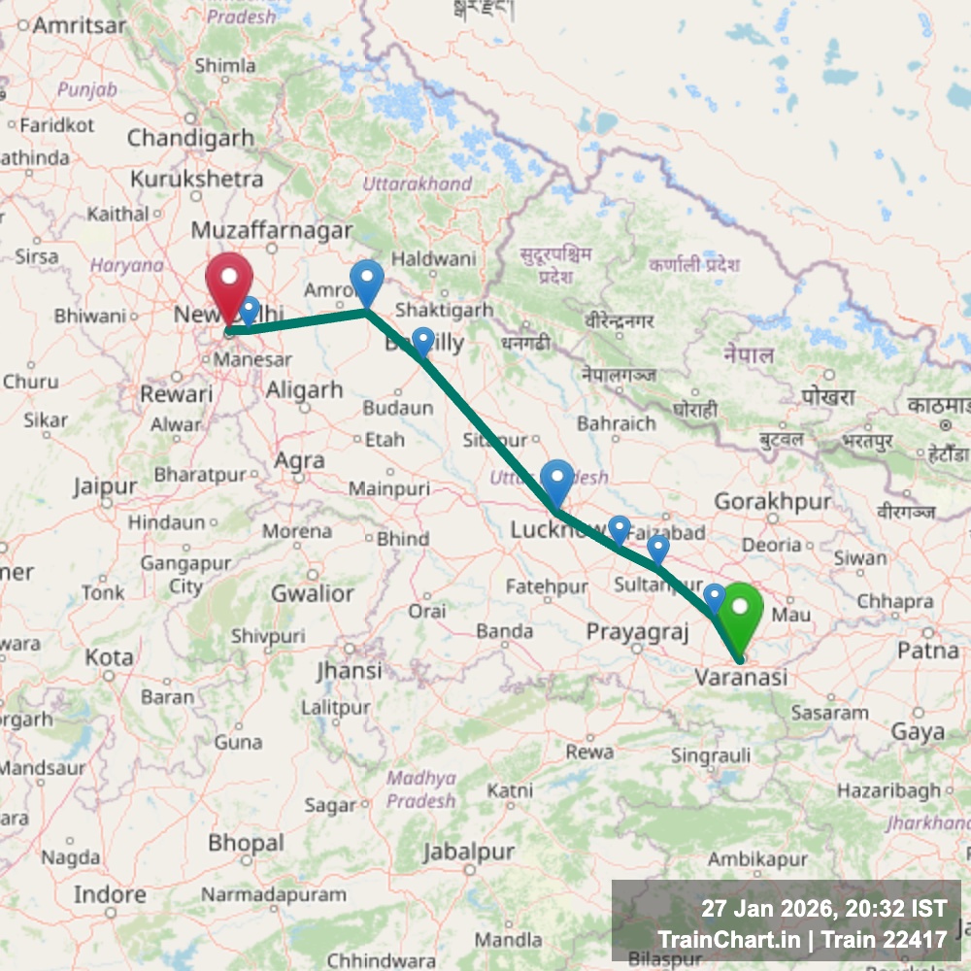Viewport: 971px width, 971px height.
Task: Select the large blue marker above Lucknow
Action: click(556, 482)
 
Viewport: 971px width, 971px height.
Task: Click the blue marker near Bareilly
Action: click(422, 341)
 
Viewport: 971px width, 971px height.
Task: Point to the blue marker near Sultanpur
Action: click(657, 549)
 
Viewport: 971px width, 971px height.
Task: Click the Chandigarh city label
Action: click(190, 139)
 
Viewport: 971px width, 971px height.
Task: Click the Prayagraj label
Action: click(637, 632)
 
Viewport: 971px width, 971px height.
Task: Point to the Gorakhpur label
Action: click(773, 502)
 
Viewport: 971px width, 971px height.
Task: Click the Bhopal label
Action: click(247, 843)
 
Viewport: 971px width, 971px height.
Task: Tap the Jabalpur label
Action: click(468, 853)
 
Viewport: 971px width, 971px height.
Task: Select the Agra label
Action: click(299, 461)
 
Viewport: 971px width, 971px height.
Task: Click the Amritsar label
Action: click(80, 25)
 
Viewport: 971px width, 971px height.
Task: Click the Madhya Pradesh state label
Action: click(420, 789)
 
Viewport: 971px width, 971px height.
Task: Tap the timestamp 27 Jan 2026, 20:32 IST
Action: click(823, 910)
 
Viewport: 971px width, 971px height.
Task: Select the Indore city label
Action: click(110, 893)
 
